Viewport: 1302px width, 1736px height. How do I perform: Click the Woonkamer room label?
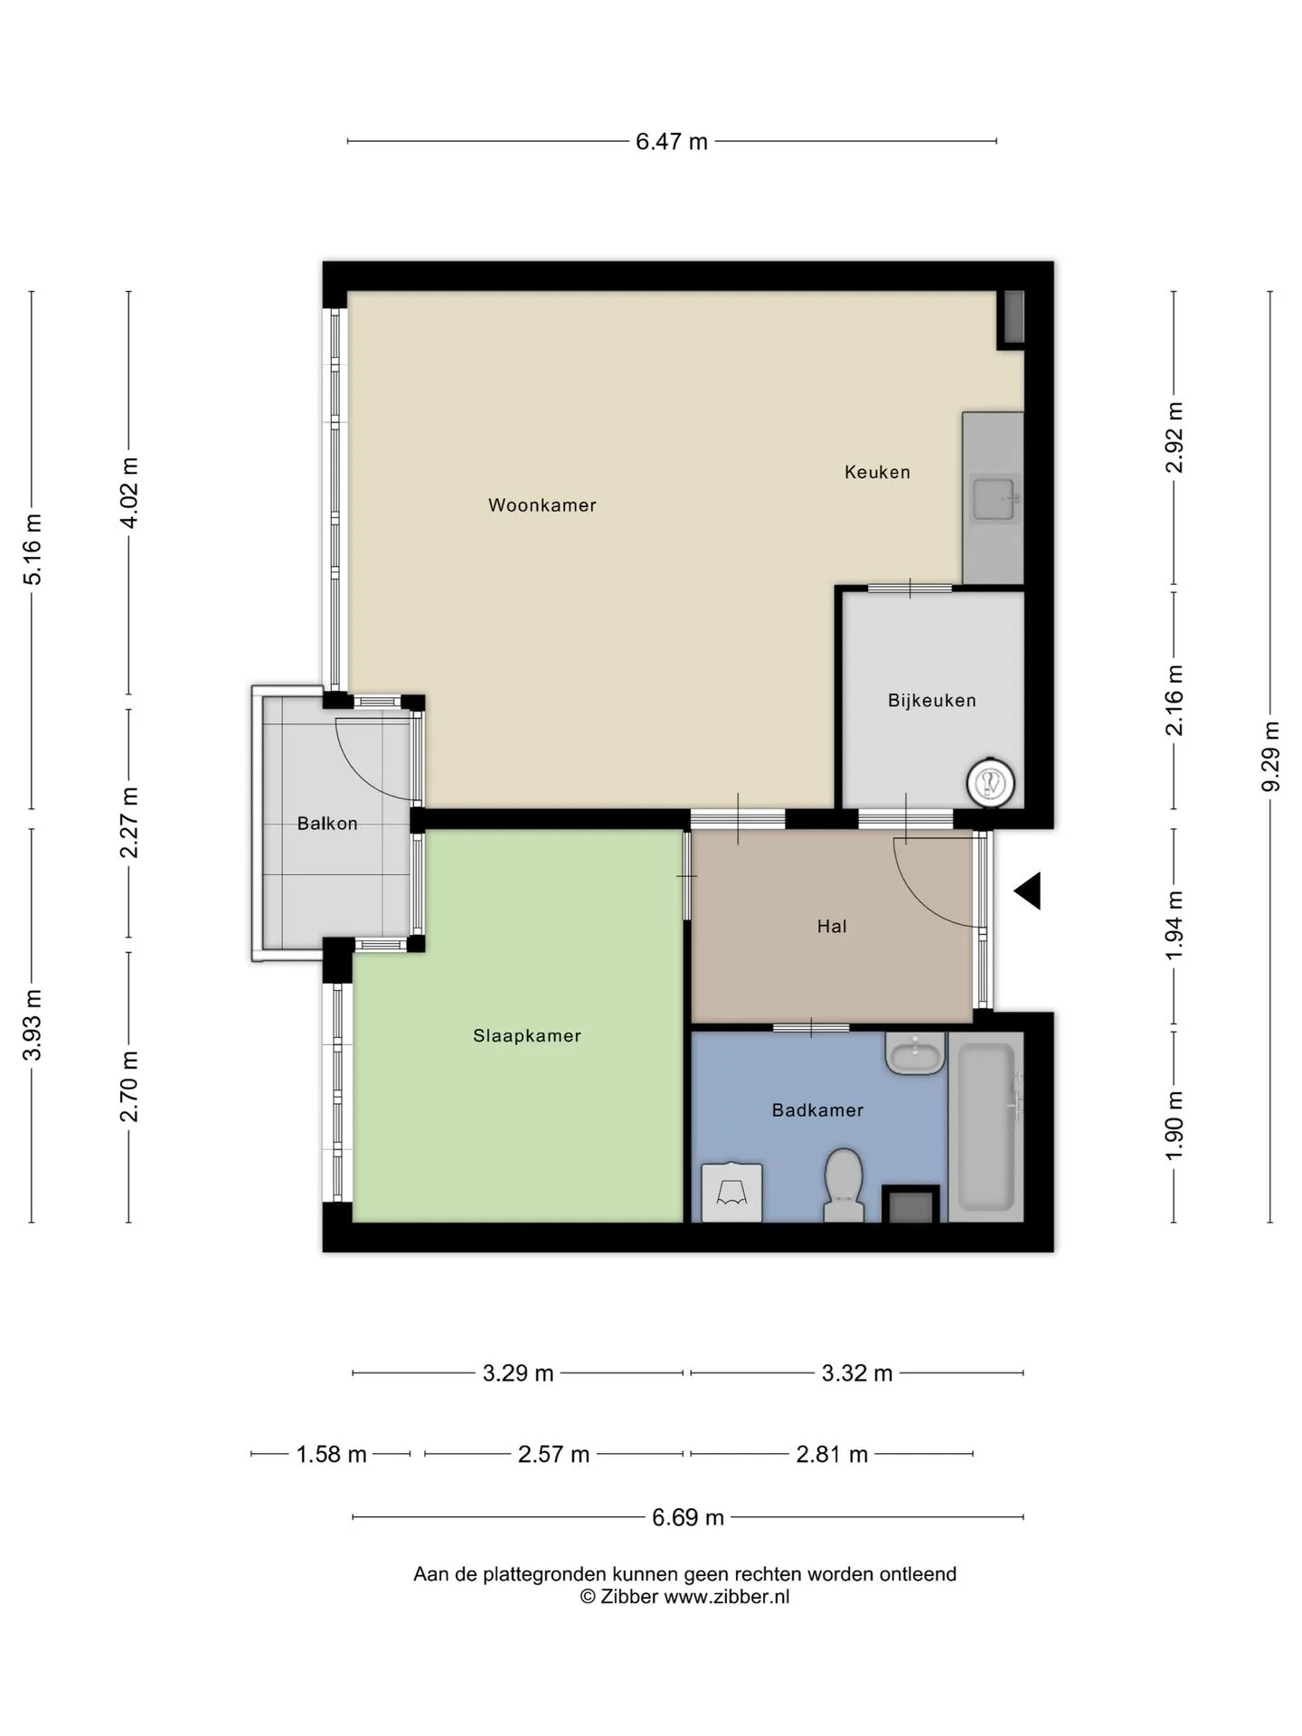click(x=542, y=505)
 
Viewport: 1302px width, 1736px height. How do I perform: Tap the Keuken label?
click(x=877, y=472)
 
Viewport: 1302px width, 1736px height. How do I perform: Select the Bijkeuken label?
click(x=932, y=701)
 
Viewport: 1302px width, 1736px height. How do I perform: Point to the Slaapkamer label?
click(x=527, y=1036)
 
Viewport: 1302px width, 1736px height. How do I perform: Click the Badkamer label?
click(x=817, y=1110)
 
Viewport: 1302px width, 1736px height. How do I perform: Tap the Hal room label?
click(x=832, y=926)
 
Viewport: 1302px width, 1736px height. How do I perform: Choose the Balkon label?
click(x=327, y=824)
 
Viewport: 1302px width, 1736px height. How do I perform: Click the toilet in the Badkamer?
click(x=844, y=1184)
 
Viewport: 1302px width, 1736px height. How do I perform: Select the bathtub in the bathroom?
click(x=986, y=1127)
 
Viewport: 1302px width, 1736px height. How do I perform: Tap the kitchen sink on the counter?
click(x=995, y=499)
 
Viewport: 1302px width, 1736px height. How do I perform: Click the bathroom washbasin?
click(x=915, y=1053)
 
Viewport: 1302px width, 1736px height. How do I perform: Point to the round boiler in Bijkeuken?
click(x=990, y=783)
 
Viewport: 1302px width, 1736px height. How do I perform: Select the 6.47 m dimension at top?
click(x=672, y=142)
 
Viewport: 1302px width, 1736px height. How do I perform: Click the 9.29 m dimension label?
click(x=1270, y=757)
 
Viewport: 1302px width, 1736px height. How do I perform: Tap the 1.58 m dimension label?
click(x=332, y=1454)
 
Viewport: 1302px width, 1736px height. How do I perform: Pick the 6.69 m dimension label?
click(x=688, y=1517)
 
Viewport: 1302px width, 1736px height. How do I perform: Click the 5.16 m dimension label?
click(x=33, y=549)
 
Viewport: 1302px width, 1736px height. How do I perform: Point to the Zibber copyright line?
click(x=684, y=1597)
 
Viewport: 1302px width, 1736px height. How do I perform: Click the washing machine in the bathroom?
click(x=731, y=1193)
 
